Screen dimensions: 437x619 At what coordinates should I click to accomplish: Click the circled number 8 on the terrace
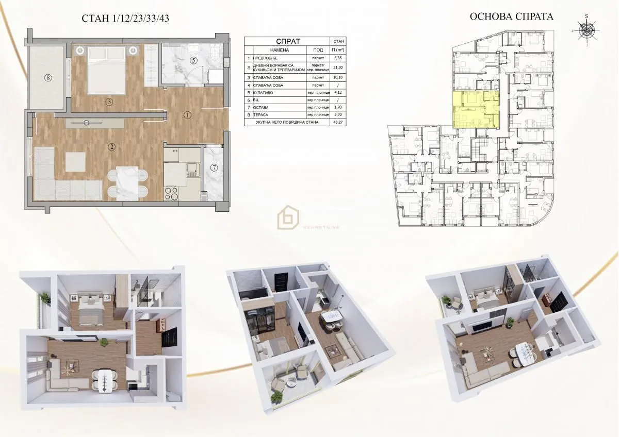(x=48, y=78)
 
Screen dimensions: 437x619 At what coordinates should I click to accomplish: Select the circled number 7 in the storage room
(x=214, y=167)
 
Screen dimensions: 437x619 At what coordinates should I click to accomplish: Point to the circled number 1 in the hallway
(x=187, y=114)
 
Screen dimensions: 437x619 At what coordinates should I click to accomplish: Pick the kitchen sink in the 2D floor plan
(x=192, y=169)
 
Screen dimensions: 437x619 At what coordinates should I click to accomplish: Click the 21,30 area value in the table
(x=338, y=68)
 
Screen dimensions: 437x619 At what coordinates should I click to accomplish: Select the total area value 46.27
(x=338, y=122)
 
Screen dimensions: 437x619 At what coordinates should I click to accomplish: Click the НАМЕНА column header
(x=278, y=50)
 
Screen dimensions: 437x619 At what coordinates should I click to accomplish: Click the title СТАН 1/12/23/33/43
(x=126, y=19)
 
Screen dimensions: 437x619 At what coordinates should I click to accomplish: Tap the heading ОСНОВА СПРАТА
(x=511, y=16)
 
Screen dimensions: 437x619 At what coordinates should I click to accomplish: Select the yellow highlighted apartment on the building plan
(x=476, y=109)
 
